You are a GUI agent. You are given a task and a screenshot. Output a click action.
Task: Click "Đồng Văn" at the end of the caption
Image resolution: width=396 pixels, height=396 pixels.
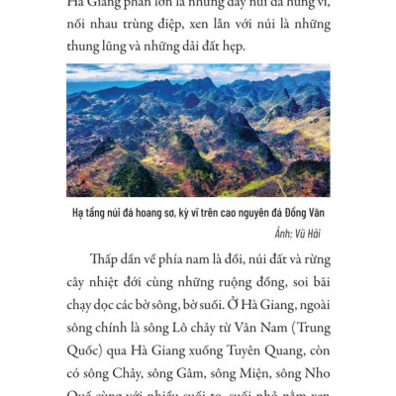point(307,213)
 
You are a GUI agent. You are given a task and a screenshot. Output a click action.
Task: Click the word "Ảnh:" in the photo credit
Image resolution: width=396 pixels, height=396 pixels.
point(283,232)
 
